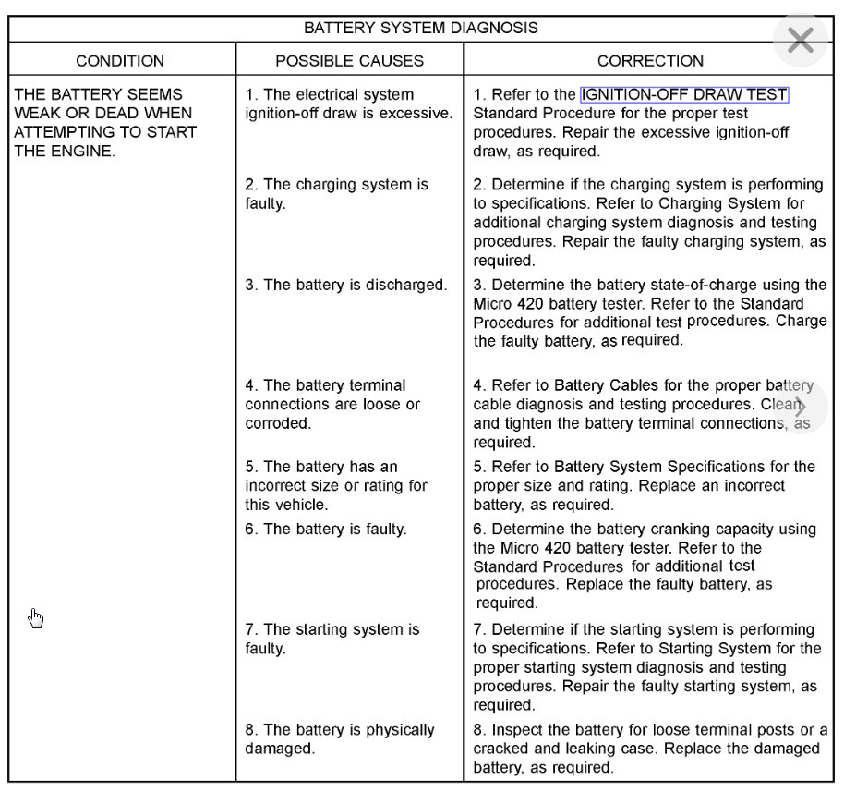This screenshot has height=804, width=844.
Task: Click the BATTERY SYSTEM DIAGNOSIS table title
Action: [x=421, y=28]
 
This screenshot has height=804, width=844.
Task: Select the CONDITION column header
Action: [x=120, y=61]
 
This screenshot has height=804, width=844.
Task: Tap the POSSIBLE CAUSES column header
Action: [x=349, y=61]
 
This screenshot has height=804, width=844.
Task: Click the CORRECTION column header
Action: [x=650, y=61]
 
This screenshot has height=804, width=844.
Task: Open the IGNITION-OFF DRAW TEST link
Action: [x=683, y=94]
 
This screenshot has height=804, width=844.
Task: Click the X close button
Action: [x=800, y=40]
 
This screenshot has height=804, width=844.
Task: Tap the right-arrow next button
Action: [x=800, y=407]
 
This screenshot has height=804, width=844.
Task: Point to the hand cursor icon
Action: [x=36, y=618]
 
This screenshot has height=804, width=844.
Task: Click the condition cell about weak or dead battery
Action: [x=104, y=122]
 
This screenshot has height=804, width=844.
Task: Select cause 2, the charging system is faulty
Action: [x=336, y=194]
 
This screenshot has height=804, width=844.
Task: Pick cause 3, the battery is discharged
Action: [x=345, y=285]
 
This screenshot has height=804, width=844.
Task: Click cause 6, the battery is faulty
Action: [x=325, y=530]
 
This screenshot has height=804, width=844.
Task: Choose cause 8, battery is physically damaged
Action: [x=339, y=739]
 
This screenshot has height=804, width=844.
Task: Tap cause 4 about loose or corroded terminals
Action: [x=332, y=405]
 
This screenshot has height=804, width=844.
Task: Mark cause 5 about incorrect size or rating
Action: [x=336, y=486]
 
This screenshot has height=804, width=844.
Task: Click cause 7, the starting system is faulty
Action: [x=332, y=640]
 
